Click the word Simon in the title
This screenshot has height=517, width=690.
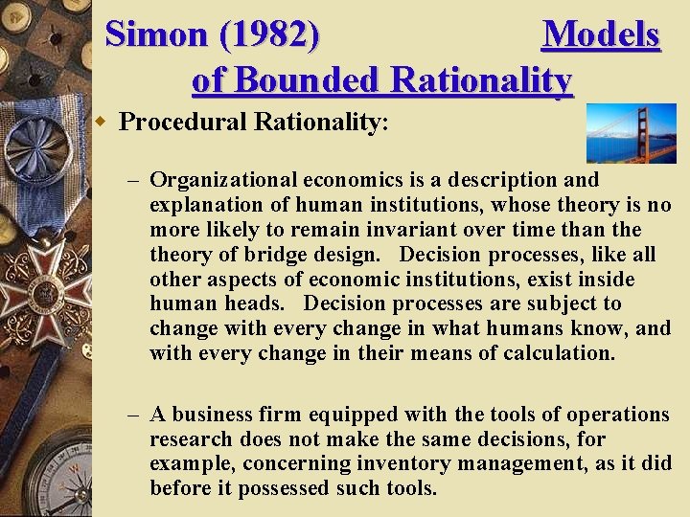pos(156,35)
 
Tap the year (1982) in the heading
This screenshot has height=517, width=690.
pos(269,35)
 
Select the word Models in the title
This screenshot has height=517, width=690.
pos(601,35)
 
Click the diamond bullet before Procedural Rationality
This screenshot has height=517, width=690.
pos(107,123)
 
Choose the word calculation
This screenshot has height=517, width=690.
pos(560,354)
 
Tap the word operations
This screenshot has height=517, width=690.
pos(617,416)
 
